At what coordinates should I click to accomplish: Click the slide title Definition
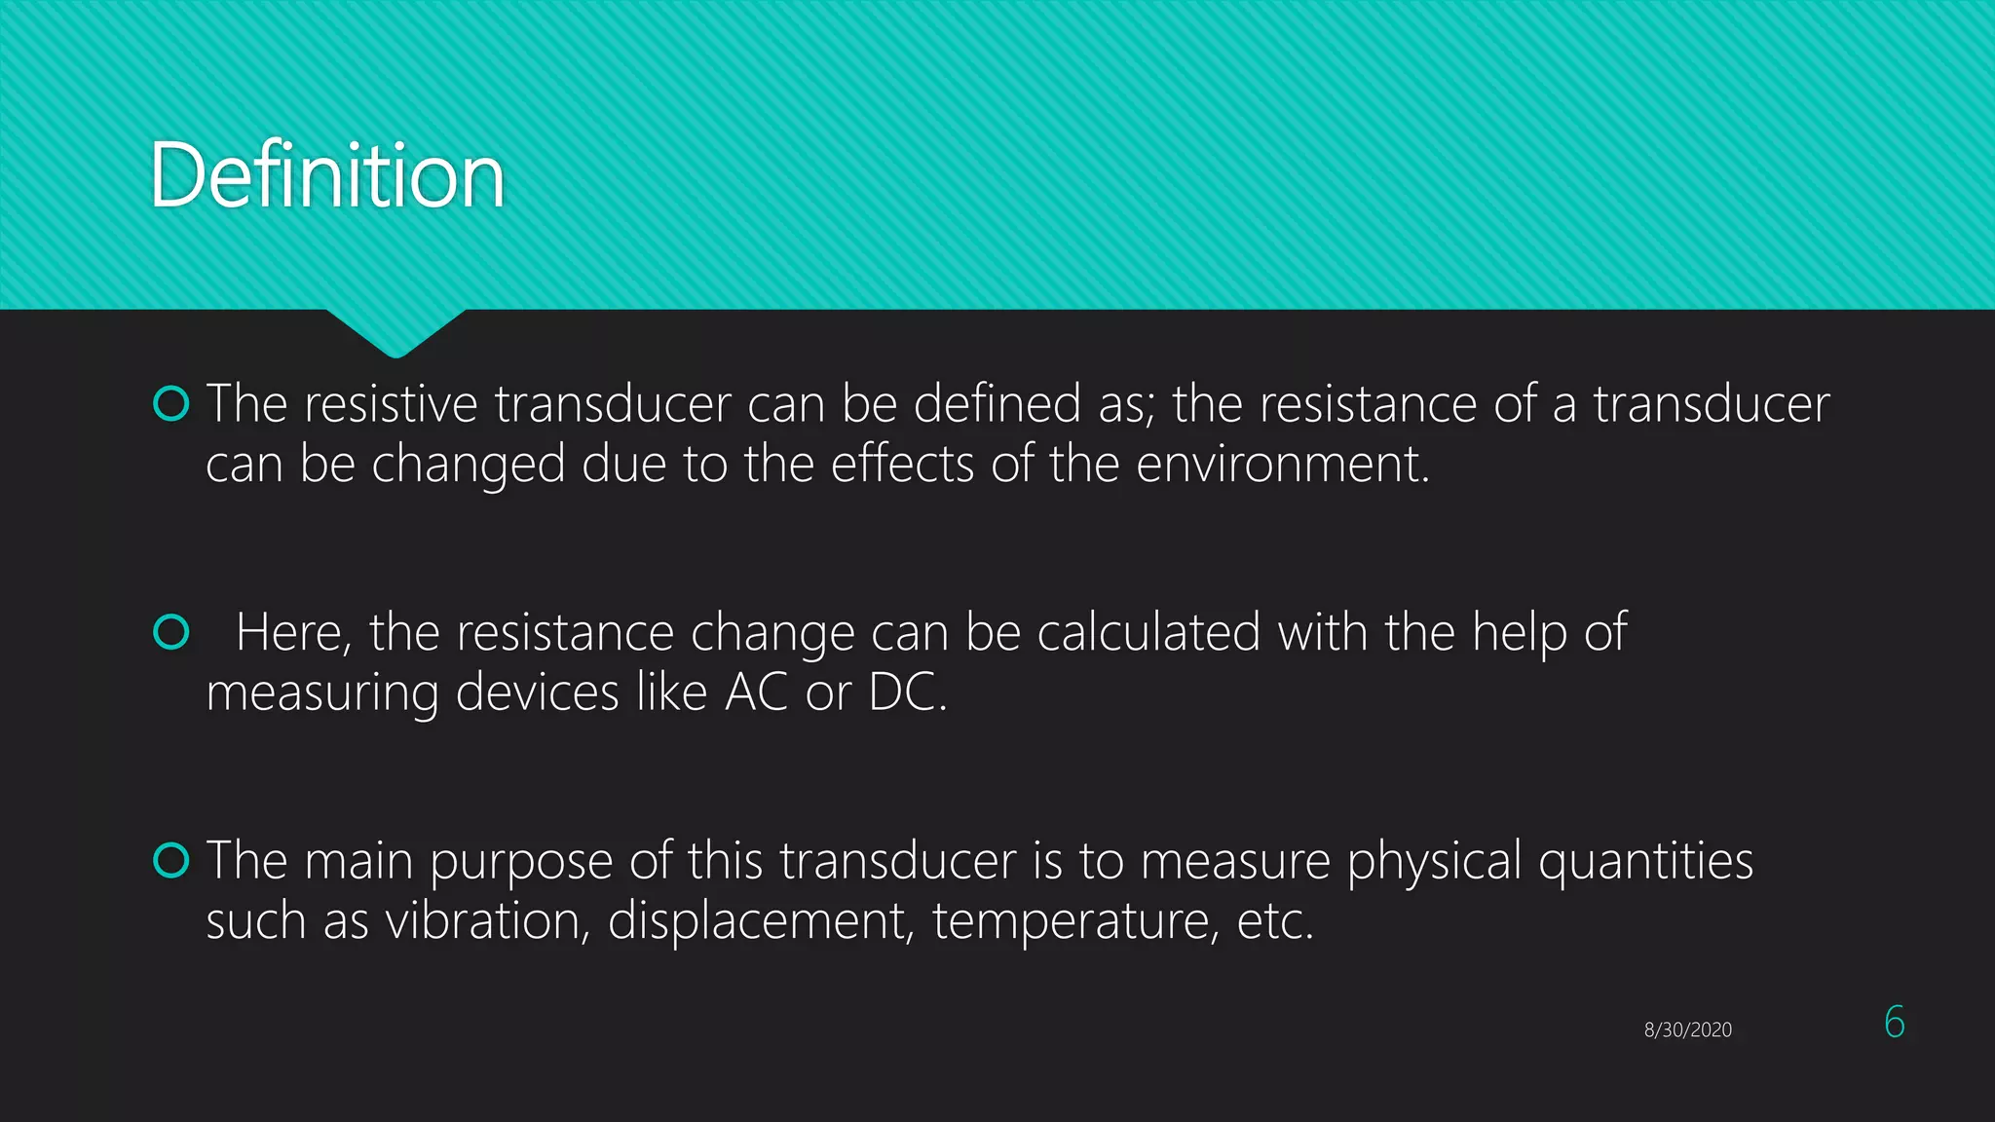[327, 175]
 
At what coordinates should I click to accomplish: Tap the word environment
[1282, 464]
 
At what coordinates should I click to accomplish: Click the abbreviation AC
[756, 692]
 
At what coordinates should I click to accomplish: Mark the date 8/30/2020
[1687, 1029]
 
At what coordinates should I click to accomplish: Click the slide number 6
[1894, 1022]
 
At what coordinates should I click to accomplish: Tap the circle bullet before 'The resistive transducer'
[171, 403]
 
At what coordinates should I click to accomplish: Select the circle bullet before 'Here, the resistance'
[171, 632]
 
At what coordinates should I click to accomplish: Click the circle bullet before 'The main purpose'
[171, 861]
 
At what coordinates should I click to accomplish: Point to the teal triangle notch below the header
[395, 331]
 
